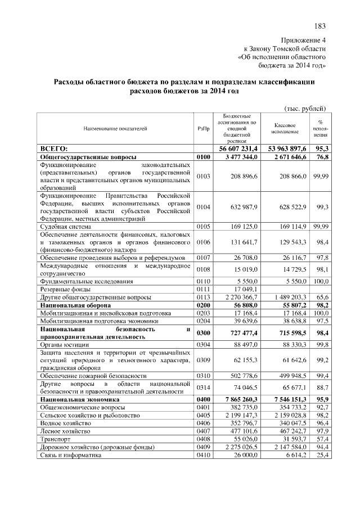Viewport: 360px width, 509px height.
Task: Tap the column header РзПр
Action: [203, 129]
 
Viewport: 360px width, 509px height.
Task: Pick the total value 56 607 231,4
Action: [237, 148]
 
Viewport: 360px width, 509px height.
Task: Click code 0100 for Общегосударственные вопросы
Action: [203, 157]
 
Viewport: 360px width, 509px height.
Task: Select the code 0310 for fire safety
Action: [203, 375]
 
